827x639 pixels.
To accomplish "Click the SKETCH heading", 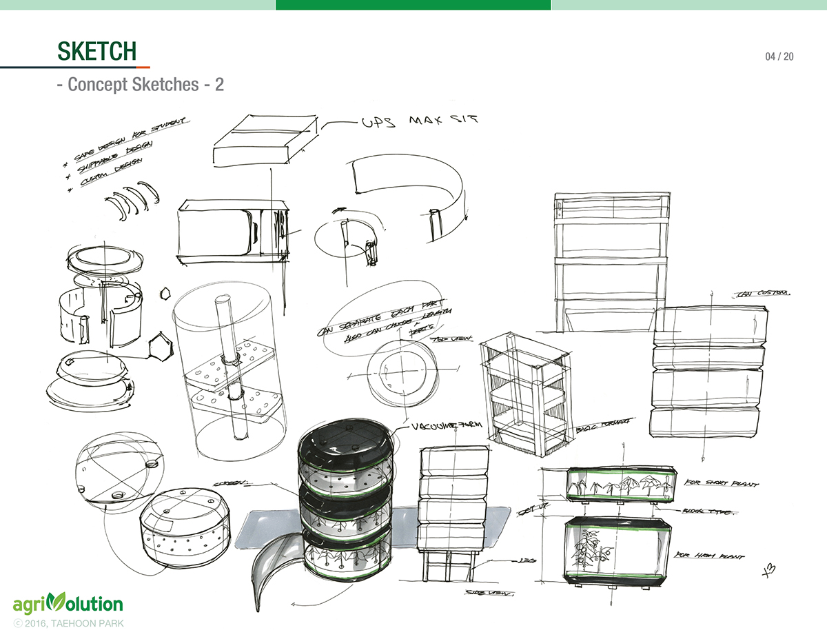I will [x=96, y=51].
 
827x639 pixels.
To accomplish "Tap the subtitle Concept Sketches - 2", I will [x=141, y=85].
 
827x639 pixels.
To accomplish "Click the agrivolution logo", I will [x=68, y=604].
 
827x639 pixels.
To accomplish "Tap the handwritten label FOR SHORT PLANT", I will [x=722, y=483].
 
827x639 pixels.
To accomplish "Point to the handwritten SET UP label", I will [x=528, y=511].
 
